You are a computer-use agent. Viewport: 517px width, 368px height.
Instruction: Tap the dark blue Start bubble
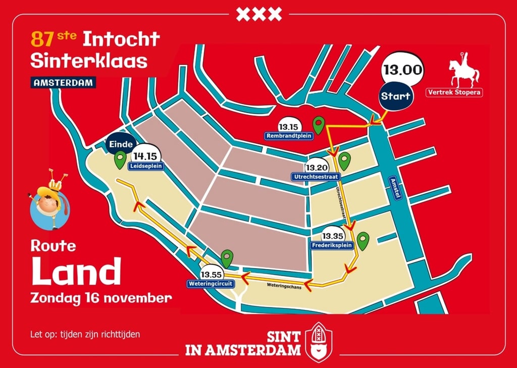[x=396, y=96]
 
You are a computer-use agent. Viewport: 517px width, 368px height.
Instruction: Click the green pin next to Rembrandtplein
[x=318, y=125]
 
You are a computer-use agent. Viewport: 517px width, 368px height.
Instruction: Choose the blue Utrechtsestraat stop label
[x=316, y=177]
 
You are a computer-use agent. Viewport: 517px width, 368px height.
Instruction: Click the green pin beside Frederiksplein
[x=363, y=240]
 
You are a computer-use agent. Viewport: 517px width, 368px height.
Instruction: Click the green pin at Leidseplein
[x=120, y=160]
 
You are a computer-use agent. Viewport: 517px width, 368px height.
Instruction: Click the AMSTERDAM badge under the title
[x=63, y=82]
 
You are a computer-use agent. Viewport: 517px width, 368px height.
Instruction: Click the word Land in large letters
[x=77, y=272]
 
